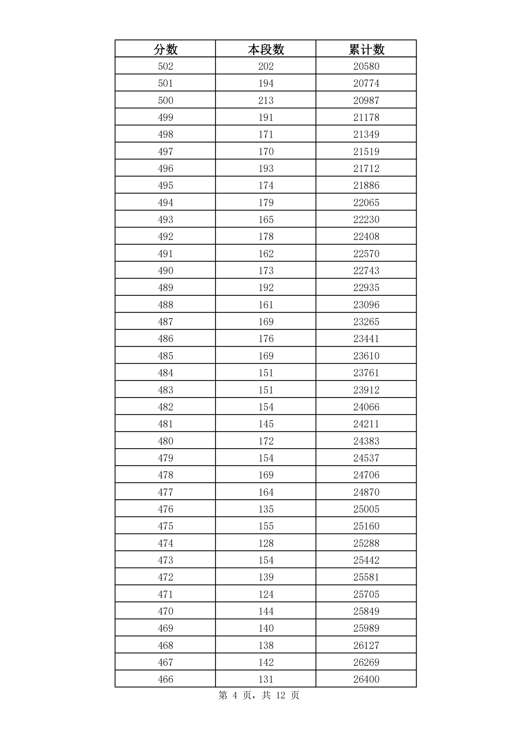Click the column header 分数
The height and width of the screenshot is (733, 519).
tap(165, 49)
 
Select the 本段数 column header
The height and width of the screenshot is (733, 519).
tap(265, 49)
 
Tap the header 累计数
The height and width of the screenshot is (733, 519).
tap(366, 49)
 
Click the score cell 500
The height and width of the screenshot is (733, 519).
tap(165, 100)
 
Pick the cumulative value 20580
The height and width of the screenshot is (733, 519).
tap(366, 66)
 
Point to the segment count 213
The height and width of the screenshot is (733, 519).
tap(265, 100)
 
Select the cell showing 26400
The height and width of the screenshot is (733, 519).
tap(366, 679)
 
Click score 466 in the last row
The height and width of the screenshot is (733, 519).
tap(165, 679)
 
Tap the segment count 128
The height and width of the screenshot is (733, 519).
tap(265, 543)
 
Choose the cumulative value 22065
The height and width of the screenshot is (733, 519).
tap(366, 202)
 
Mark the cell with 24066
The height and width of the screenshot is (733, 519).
tap(366, 407)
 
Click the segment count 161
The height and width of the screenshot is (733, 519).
tap(265, 305)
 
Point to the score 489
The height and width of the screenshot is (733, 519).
tap(165, 287)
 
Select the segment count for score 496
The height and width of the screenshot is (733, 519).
tap(265, 168)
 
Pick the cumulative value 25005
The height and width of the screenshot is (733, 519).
tap(366, 509)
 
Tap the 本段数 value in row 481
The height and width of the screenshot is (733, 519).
tap(265, 424)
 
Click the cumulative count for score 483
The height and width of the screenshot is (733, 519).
tap(366, 390)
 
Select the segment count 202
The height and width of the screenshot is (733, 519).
tap(265, 66)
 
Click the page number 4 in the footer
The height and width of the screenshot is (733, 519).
tap(235, 695)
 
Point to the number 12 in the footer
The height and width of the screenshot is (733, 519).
tap(280, 695)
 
